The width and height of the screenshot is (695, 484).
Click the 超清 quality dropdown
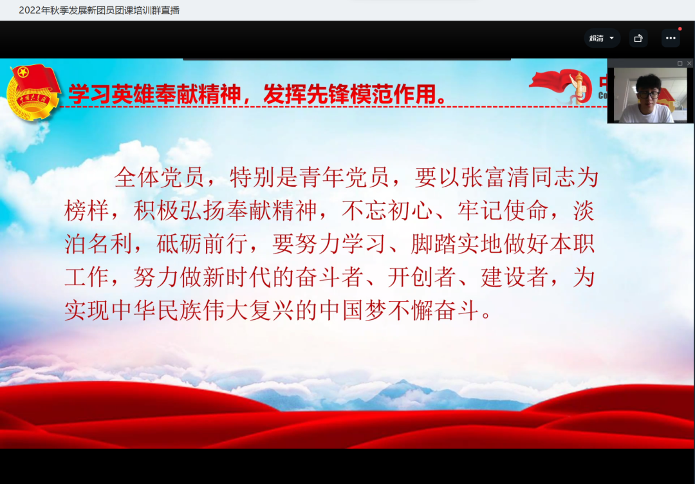(x=602, y=38)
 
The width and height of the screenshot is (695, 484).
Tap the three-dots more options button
(x=671, y=38)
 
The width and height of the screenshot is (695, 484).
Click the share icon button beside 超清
(x=638, y=38)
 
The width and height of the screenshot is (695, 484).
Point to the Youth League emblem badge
(x=33, y=92)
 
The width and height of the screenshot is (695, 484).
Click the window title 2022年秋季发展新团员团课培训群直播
(x=99, y=10)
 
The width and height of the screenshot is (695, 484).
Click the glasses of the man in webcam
(x=648, y=95)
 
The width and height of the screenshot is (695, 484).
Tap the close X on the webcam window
(x=689, y=63)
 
